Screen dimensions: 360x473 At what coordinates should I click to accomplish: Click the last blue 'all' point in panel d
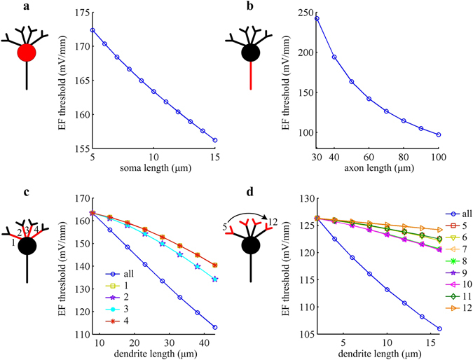(439, 328)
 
